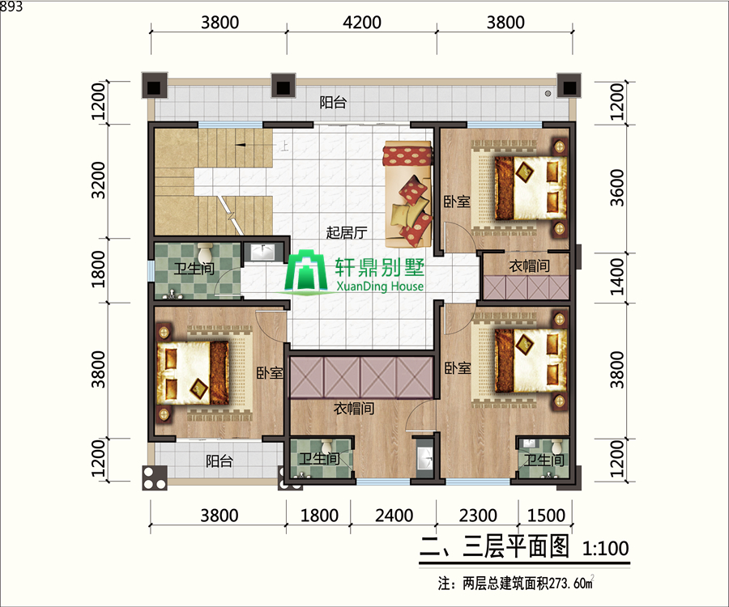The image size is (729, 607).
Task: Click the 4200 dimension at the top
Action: pos(362,23)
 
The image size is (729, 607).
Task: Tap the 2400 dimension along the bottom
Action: pos(394,516)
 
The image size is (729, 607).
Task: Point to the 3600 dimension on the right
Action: pos(617,188)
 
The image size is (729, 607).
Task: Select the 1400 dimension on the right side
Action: pos(617,277)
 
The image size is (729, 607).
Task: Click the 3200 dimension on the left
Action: pos(98,180)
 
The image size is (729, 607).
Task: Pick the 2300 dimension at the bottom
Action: pos(478,516)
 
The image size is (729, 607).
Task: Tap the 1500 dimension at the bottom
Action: pos(546,516)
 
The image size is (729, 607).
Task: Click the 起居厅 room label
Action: pos(347,232)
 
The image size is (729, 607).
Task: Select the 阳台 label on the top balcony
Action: pos(333,102)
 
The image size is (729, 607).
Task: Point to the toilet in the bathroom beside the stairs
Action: pos(205,253)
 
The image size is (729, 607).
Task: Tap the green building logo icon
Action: pos(305,271)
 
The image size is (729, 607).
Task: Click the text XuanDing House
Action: pos(380,286)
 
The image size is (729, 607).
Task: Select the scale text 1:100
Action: pos(606,549)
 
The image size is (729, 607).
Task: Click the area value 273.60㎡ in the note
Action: pos(571,583)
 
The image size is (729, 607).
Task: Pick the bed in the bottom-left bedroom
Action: pos(193,373)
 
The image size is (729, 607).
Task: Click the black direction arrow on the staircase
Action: pos(241,146)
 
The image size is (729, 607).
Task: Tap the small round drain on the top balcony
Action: pos(548,93)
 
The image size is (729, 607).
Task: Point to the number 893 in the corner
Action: pos(11,6)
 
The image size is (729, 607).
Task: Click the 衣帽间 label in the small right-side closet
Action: pos(530,266)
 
